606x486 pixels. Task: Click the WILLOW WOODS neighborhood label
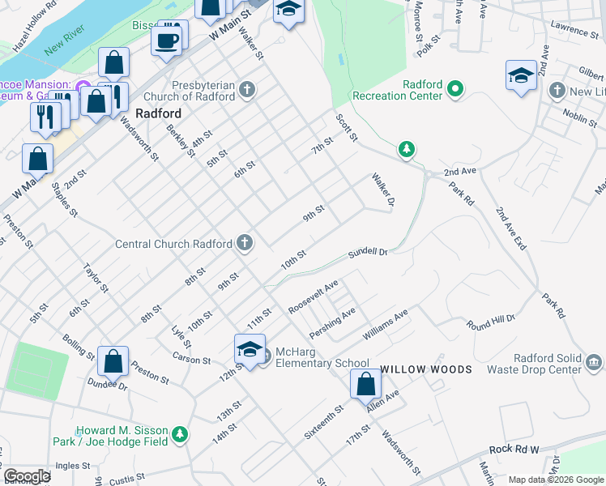click(x=426, y=369)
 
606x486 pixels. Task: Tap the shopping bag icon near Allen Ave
click(x=366, y=384)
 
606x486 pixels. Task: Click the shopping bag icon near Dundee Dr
click(x=113, y=361)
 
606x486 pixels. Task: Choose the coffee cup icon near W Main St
click(x=167, y=40)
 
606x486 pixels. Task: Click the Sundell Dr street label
click(x=369, y=253)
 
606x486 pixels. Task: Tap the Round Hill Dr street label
click(x=491, y=322)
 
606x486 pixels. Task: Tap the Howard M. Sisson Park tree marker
click(x=180, y=435)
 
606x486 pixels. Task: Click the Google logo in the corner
click(x=26, y=476)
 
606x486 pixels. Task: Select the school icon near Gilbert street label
click(x=521, y=76)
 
